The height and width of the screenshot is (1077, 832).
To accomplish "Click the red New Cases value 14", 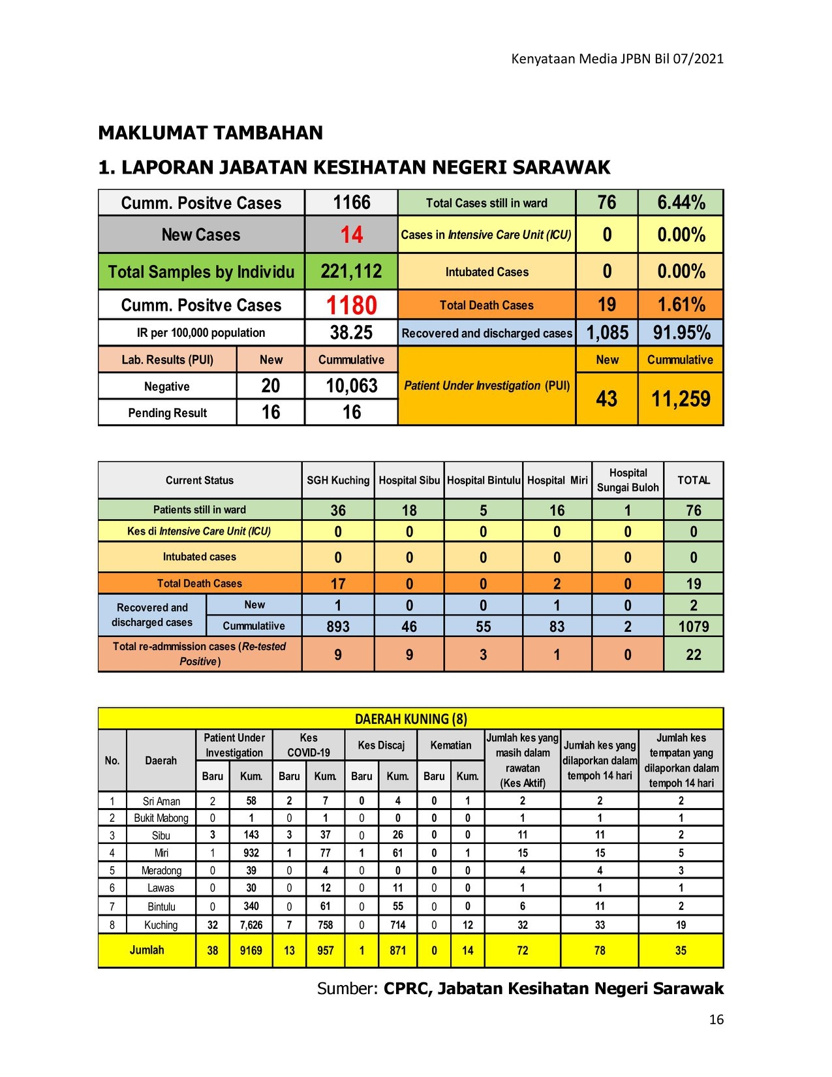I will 351,234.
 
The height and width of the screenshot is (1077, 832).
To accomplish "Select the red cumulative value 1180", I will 351,305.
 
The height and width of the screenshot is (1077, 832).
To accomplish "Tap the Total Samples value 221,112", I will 351,272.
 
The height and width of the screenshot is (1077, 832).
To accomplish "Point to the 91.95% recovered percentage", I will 681,333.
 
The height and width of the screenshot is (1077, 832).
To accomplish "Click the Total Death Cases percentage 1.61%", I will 681,305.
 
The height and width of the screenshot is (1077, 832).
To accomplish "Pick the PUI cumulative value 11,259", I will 681,399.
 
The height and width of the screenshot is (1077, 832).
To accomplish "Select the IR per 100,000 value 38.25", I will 351,333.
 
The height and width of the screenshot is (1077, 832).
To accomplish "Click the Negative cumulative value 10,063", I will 351,386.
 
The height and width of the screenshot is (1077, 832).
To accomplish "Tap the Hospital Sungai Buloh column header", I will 628,480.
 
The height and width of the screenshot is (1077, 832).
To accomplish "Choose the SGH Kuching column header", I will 338,480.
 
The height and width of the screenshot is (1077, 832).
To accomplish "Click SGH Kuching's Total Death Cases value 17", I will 338,584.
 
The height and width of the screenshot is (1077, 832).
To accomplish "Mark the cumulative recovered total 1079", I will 693,627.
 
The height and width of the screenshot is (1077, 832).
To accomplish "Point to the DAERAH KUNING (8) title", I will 410,719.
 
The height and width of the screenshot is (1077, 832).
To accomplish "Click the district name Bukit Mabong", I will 161,818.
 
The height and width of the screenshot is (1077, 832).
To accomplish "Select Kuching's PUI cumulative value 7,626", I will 251,925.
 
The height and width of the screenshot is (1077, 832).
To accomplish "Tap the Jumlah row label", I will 147,950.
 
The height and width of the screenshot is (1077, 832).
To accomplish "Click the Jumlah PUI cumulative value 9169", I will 251,950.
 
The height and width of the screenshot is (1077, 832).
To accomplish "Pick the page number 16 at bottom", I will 716,1020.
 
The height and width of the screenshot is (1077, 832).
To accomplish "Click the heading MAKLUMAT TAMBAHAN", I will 210,133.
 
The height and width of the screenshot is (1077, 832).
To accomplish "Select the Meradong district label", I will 161,870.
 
